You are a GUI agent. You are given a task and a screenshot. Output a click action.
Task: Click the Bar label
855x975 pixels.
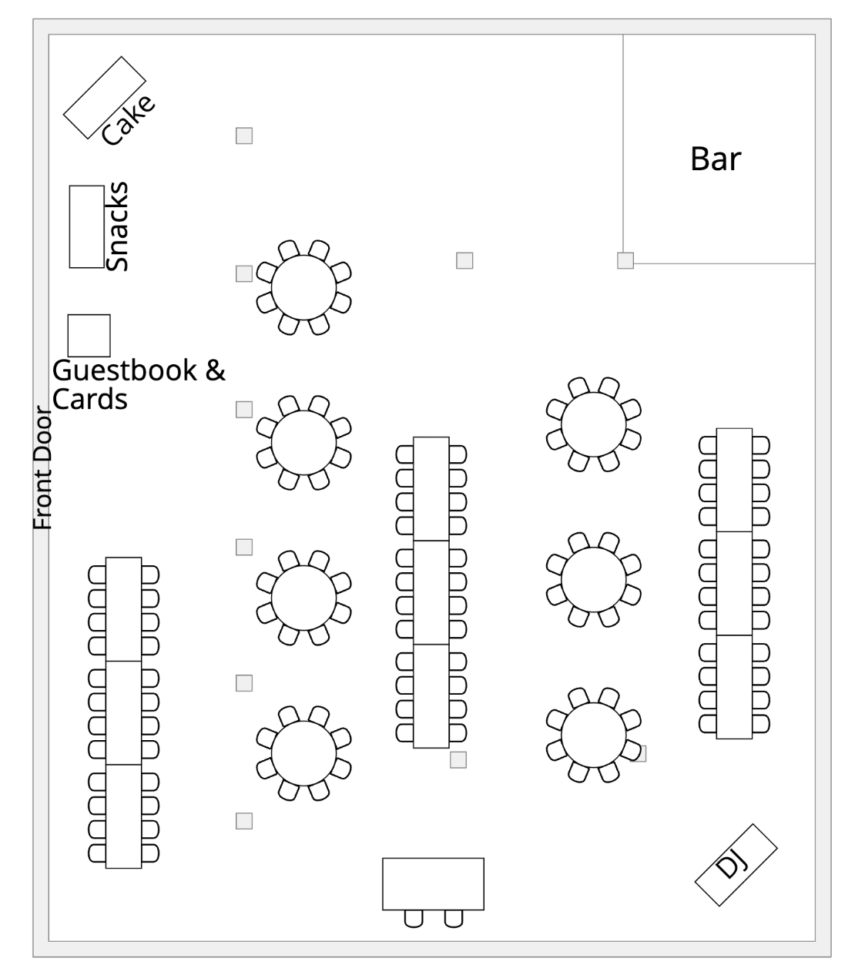tap(715, 159)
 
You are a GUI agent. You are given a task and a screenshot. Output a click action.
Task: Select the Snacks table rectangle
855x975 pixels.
tap(86, 226)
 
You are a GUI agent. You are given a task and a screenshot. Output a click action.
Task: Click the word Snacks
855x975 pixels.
tap(118, 226)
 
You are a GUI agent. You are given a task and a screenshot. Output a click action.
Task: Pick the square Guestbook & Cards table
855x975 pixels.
tap(89, 335)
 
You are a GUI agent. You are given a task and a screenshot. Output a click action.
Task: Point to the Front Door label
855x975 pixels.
tap(43, 468)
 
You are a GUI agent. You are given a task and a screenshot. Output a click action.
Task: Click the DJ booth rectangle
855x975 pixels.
tap(736, 864)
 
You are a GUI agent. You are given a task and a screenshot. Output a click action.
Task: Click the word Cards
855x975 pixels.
tap(89, 399)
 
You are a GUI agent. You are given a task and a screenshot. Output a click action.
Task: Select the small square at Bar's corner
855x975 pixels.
tap(625, 260)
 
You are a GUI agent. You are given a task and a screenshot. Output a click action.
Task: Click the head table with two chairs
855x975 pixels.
tap(433, 883)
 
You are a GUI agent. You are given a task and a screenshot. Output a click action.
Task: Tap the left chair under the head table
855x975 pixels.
tap(414, 918)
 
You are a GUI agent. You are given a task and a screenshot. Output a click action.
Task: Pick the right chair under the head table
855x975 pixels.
tap(454, 918)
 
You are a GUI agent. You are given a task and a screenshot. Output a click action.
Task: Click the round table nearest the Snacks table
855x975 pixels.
tap(303, 286)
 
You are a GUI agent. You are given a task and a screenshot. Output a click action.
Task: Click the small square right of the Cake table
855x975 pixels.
tap(244, 136)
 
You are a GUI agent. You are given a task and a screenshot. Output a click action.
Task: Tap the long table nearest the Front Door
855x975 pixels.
tap(123, 712)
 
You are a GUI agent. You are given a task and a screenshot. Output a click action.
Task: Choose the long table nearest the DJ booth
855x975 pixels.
tap(734, 583)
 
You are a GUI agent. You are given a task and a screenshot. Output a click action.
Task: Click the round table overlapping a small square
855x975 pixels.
tap(593, 735)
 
